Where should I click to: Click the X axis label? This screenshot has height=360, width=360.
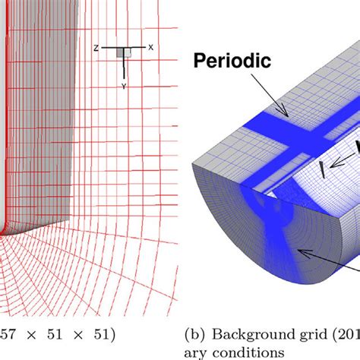151,46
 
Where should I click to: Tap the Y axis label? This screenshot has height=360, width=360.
123,87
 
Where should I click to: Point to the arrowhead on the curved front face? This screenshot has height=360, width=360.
298,254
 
